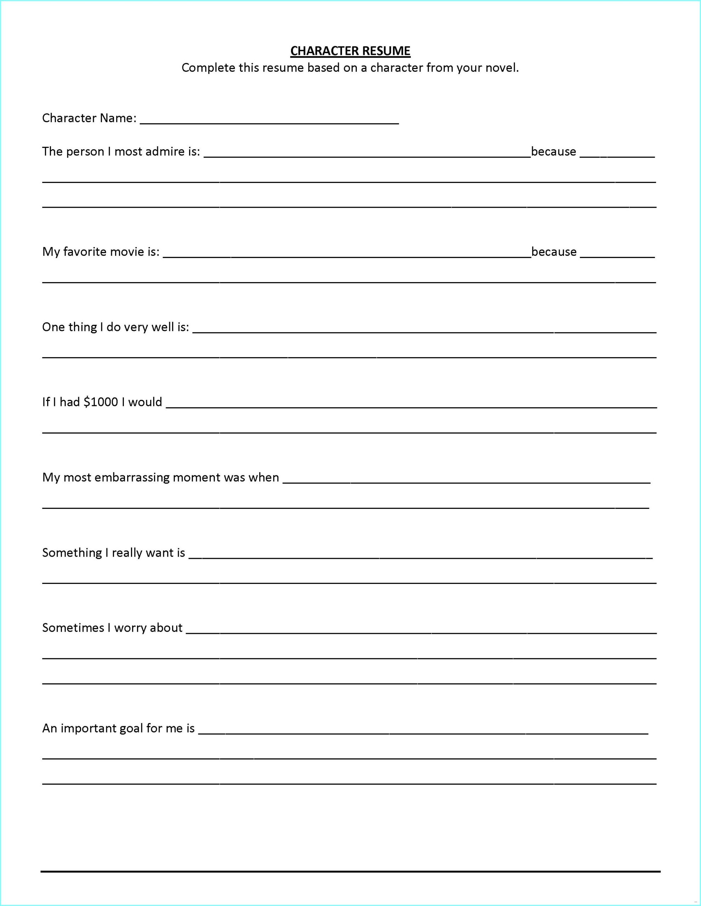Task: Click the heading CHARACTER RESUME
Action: [350, 51]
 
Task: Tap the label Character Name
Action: [89, 118]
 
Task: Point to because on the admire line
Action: [553, 151]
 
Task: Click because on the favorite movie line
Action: [554, 252]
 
